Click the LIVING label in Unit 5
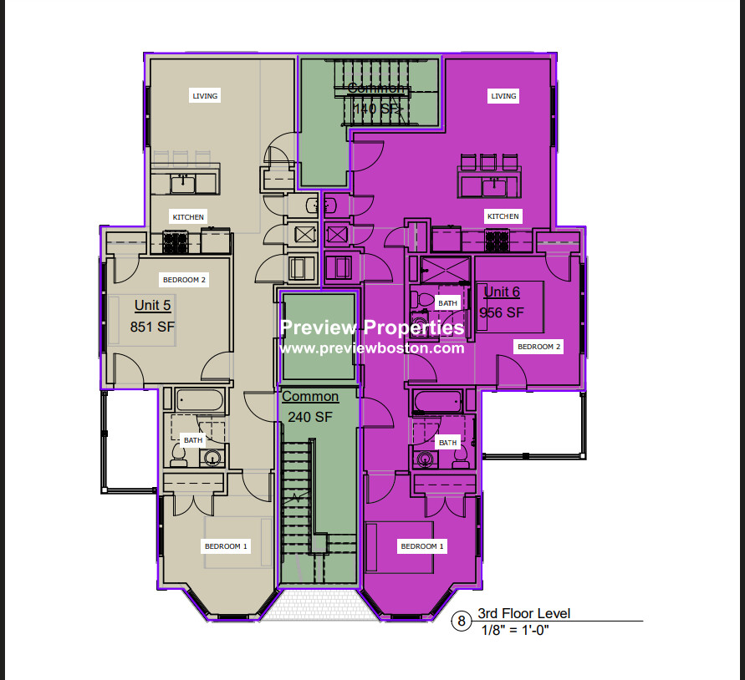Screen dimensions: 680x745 [205, 96]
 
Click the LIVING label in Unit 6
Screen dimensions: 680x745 [503, 96]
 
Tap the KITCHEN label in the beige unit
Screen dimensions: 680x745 [188, 217]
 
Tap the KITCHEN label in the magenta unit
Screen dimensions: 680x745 [503, 216]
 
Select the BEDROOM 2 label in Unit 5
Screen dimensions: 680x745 [184, 280]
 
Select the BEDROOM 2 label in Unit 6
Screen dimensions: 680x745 [539, 346]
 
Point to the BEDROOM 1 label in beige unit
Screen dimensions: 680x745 [226, 546]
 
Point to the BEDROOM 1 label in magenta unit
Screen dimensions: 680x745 [422, 546]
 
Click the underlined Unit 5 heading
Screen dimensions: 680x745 [153, 306]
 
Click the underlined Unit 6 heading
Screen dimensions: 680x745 [502, 292]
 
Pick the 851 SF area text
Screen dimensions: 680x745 [153, 327]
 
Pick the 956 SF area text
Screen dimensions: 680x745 [502, 312]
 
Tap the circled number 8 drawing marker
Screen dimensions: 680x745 [460, 621]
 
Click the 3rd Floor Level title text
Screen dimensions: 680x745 [523, 614]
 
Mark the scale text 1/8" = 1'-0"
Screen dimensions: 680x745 [514, 630]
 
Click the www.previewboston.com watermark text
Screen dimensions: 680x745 [372, 348]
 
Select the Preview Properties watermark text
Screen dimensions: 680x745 [372, 327]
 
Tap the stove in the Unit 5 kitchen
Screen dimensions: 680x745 [176, 243]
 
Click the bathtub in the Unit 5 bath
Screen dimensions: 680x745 [200, 400]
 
